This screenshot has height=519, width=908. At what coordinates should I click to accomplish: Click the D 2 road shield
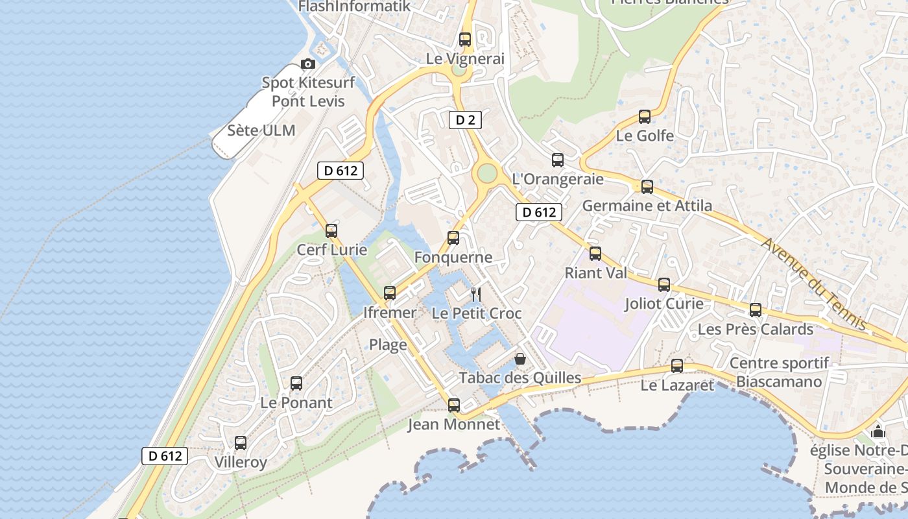[x=465, y=119]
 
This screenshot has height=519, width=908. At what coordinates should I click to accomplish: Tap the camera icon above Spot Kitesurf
[x=308, y=64]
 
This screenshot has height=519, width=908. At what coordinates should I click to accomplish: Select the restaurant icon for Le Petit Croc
[x=476, y=295]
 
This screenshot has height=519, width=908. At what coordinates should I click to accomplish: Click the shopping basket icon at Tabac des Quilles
[x=520, y=359]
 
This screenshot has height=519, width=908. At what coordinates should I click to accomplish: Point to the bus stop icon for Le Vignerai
[x=465, y=39]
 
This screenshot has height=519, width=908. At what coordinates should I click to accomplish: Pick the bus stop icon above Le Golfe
[x=645, y=117]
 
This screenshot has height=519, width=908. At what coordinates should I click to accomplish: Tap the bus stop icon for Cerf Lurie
[x=331, y=230]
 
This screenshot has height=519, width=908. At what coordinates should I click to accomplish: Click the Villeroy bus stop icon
[x=241, y=443]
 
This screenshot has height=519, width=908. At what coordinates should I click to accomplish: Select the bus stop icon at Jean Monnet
[x=454, y=405]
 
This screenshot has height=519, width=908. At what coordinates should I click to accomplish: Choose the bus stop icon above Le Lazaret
[x=677, y=366]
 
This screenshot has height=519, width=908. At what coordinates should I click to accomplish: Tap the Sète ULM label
[x=261, y=130]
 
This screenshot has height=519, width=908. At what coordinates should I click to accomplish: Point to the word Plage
[x=388, y=344]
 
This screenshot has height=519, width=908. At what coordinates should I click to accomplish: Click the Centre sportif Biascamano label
[x=779, y=372]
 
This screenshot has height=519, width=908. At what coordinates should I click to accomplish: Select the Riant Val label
[x=596, y=272]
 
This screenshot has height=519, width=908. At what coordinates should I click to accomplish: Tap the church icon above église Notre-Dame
[x=878, y=431]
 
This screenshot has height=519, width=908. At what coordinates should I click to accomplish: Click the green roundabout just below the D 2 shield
[x=486, y=173]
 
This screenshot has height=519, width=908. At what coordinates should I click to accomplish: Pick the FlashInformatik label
[x=354, y=6]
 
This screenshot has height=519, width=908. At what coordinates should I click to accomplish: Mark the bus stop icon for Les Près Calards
[x=756, y=310]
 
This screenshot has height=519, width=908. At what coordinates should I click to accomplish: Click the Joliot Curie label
[x=663, y=303]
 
